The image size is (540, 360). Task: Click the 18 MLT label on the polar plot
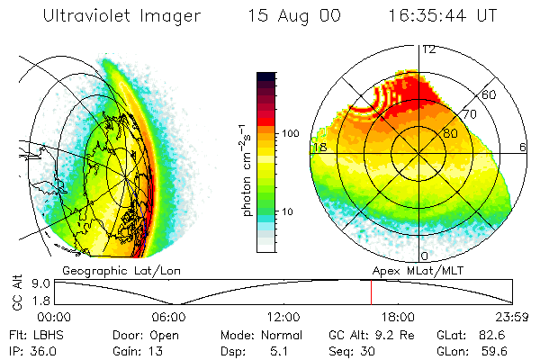tap(319, 147)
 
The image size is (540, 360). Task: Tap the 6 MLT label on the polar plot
tap(521, 147)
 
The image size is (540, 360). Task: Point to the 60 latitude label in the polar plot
tap(490, 94)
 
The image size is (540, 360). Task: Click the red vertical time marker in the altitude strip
tap(371, 292)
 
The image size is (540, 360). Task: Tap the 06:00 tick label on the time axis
tap(169, 317)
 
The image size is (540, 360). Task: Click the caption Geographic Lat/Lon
tap(114, 270)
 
